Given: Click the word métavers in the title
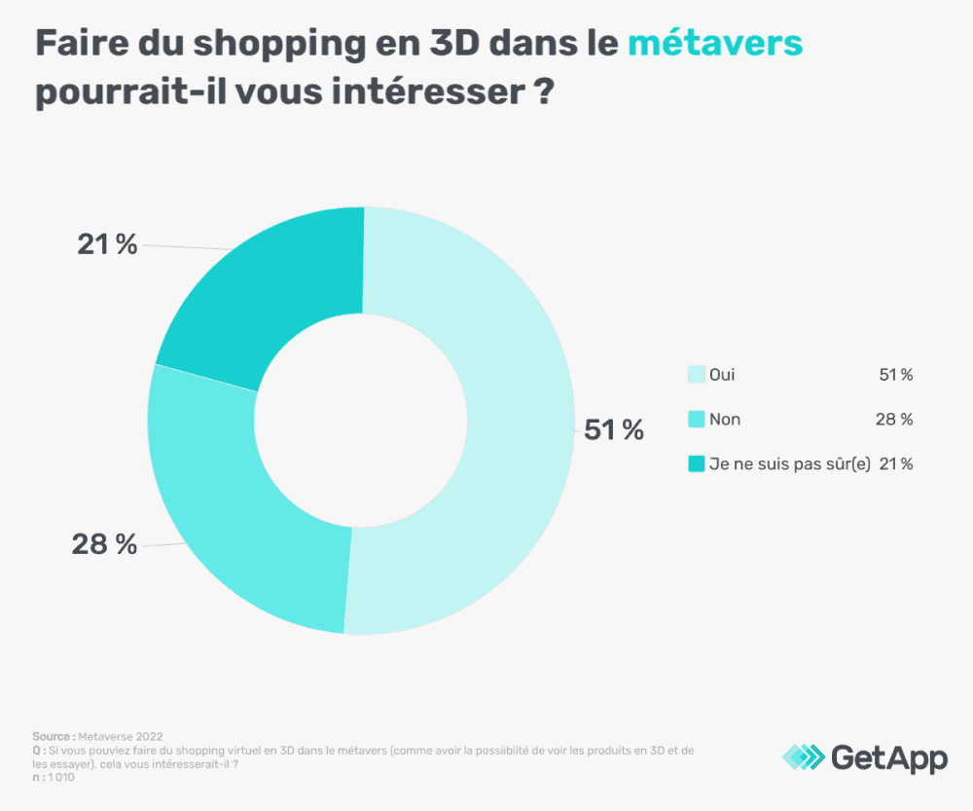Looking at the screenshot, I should [714, 44].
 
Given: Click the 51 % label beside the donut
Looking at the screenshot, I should [613, 429].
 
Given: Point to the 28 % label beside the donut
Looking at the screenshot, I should [104, 544].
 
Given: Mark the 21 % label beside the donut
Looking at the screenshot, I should [107, 244].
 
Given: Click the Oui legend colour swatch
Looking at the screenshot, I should [696, 375].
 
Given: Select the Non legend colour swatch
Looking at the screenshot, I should [696, 420].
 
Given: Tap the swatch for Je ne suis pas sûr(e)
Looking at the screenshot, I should [696, 464].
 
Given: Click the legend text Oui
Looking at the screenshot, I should [723, 375].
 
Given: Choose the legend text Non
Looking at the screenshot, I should [725, 420].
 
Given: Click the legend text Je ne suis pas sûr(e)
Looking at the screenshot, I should [789, 464].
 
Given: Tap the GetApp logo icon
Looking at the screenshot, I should [803, 757].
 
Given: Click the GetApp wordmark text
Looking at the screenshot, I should [888, 757].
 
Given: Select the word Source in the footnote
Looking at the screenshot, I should [51, 736].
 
